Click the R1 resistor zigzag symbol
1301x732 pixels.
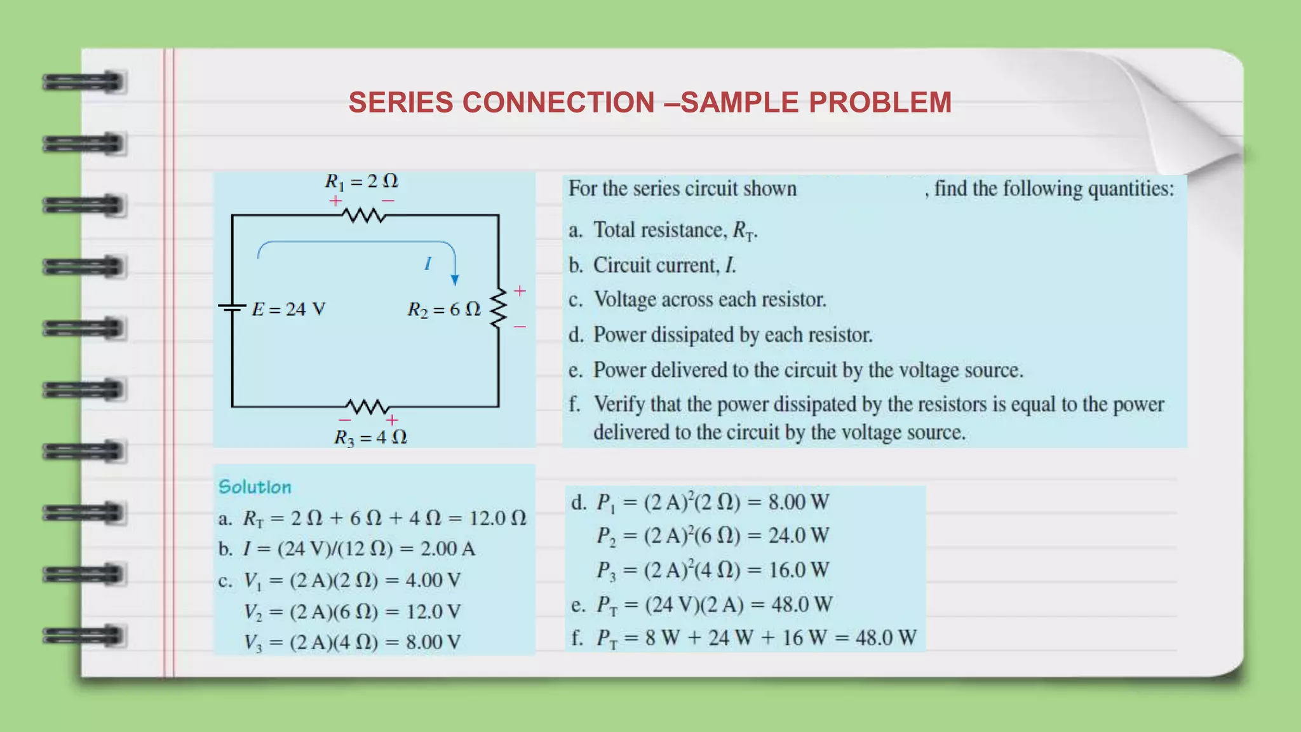tap(364, 216)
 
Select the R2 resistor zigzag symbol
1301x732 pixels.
tap(499, 308)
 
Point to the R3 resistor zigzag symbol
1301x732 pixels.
tap(368, 406)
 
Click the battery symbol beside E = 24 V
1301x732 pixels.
tap(232, 308)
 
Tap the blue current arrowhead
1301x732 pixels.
tap(455, 280)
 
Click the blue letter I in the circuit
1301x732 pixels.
tap(428, 263)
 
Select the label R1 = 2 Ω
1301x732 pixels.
tap(361, 182)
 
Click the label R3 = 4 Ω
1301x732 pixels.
tap(370, 437)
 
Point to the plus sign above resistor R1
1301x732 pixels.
tap(335, 201)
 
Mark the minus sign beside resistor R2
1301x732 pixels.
tap(520, 327)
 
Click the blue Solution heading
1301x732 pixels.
tap(255, 487)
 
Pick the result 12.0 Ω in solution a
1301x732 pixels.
tap(498, 518)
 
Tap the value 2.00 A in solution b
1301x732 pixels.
tap(448, 548)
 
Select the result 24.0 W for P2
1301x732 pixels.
tap(799, 536)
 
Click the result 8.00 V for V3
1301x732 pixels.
tap(433, 642)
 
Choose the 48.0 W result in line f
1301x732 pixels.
tap(886, 637)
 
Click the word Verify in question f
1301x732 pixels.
tap(621, 404)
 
